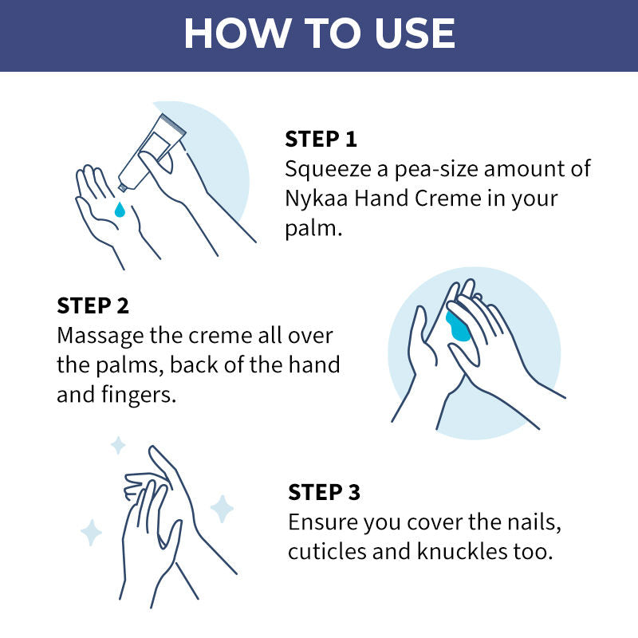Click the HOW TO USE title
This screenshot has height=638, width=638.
click(x=319, y=33)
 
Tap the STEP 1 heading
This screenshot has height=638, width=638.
click(x=321, y=139)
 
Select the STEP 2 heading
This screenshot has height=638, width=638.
click(x=93, y=305)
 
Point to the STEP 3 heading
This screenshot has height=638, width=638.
click(x=325, y=492)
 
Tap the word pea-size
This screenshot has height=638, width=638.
click(x=427, y=169)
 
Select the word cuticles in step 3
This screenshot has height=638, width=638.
click(x=324, y=552)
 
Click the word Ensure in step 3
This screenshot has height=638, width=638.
click(x=323, y=522)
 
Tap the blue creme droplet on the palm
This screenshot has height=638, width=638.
click(x=119, y=210)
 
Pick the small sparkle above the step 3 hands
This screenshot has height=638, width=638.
click(x=117, y=445)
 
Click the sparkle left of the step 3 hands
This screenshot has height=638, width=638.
click(x=91, y=532)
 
